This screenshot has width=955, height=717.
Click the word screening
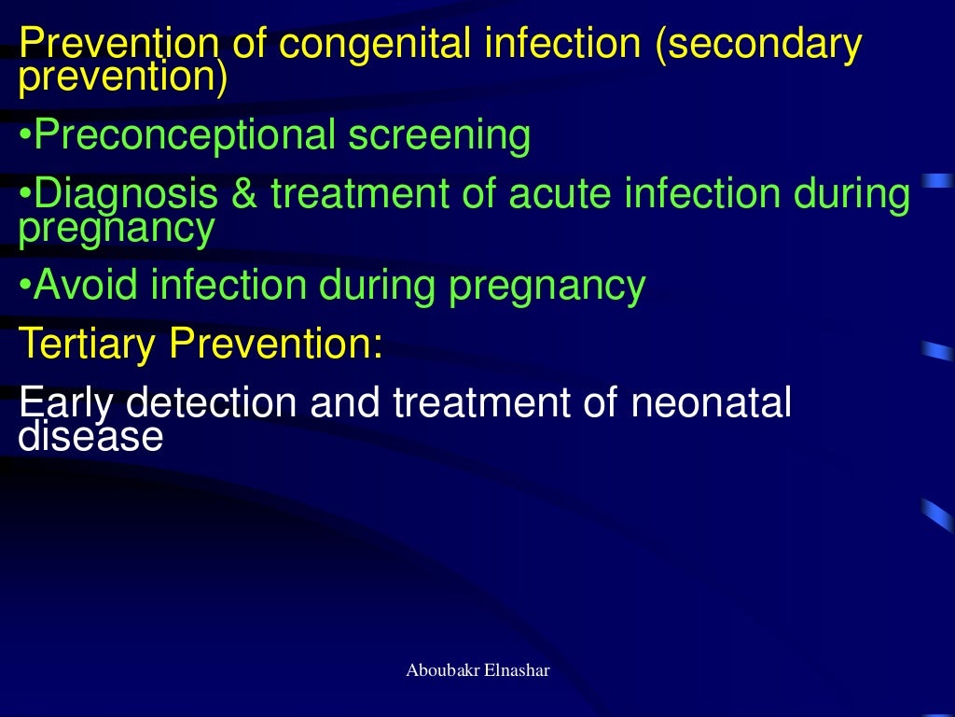[x=439, y=136]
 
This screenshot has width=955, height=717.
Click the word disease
[x=90, y=435]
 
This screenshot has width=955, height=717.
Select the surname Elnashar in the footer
[x=517, y=671]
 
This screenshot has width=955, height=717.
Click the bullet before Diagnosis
[x=25, y=195]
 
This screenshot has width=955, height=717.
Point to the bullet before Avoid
[x=25, y=286]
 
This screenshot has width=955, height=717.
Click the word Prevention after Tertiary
[x=276, y=344]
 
